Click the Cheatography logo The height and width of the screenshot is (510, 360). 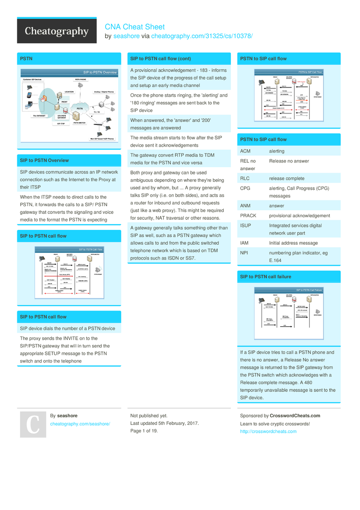coord(57,32)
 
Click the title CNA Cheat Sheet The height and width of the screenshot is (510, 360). coord(134,27)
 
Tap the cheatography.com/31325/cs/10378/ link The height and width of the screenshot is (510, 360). coord(202,36)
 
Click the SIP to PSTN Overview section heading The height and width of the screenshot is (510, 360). coord(44,161)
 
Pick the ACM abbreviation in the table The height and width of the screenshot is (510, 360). coord(245,151)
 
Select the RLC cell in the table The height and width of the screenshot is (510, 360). coord(245,178)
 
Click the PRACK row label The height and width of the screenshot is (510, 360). coord(248,216)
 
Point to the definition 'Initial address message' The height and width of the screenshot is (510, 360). coord(293,243)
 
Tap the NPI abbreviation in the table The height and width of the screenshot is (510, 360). coord(244,253)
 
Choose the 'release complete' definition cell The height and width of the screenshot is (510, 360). coord(287,178)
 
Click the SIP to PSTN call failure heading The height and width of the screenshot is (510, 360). coord(265,277)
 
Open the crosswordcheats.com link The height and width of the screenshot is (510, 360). coord(268,432)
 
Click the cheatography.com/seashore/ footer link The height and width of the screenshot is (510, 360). coord(80,423)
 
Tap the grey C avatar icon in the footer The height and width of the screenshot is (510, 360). coord(33,424)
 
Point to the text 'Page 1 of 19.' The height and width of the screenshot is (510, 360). coord(144,431)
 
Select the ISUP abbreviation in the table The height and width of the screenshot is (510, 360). coord(245,225)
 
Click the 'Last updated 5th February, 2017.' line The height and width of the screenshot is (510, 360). coord(165,423)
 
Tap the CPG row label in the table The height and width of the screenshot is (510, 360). coord(245,188)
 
